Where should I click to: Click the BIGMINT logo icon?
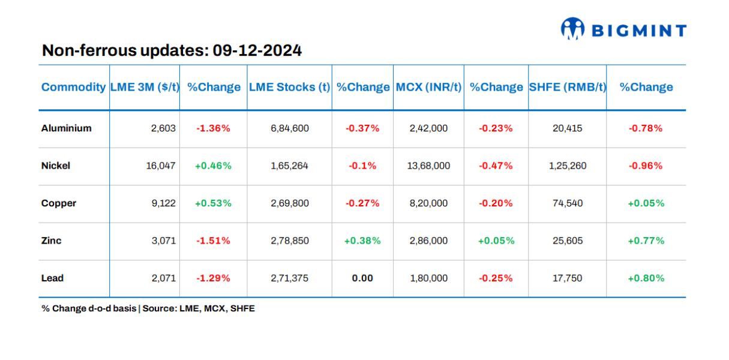click(x=573, y=29)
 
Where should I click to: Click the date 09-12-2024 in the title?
click(x=257, y=51)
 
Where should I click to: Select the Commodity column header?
click(x=73, y=87)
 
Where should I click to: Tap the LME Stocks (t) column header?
click(x=289, y=87)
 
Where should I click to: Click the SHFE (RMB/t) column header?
click(x=567, y=87)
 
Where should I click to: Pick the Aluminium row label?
click(x=67, y=128)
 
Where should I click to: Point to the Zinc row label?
click(x=52, y=241)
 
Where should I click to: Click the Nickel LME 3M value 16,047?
click(x=160, y=166)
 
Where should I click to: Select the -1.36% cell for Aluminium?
click(x=213, y=128)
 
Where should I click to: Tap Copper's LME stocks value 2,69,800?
click(x=290, y=203)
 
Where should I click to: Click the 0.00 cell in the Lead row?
click(x=362, y=278)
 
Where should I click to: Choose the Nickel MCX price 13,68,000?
click(x=428, y=166)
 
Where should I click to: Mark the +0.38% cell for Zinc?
click(x=362, y=241)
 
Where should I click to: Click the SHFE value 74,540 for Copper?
click(x=567, y=203)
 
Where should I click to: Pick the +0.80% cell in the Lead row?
click(x=646, y=278)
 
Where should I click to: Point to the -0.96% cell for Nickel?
click(x=646, y=166)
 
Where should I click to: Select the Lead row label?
click(x=52, y=278)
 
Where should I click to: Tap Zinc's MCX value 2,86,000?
click(x=428, y=241)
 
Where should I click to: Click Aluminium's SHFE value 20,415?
click(x=567, y=128)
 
